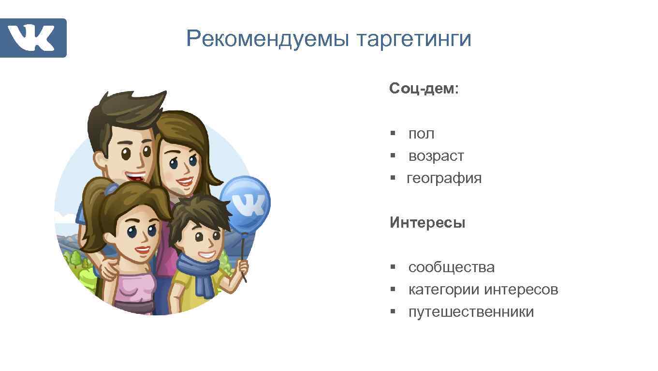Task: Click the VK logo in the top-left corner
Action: [33, 38]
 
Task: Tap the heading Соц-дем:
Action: [424, 89]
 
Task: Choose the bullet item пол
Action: [421, 134]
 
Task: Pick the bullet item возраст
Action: [436, 156]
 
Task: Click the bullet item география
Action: [444, 178]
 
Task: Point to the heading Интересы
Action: [427, 223]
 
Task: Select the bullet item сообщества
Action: [451, 267]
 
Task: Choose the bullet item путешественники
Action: [471, 312]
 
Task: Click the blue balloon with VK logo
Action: [246, 203]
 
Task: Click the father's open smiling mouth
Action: [135, 176]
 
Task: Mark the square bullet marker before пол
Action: [394, 133]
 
